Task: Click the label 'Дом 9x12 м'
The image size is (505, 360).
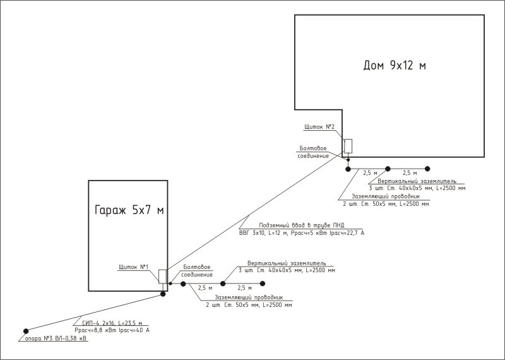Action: tap(395, 66)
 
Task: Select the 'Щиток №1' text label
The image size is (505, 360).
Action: tap(133, 267)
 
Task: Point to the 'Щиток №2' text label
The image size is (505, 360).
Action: tap(319, 127)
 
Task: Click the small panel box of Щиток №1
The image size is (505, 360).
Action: tap(162, 276)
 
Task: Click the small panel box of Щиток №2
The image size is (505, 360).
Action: tap(348, 146)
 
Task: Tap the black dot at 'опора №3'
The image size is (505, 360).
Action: tap(26, 331)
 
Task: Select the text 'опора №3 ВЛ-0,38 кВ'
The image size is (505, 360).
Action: tap(53, 339)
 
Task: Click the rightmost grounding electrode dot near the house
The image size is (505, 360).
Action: tap(427, 169)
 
